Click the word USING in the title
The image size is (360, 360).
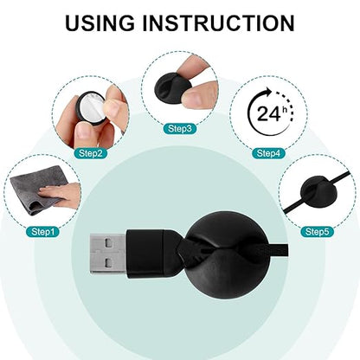pyautogui.click(x=100, y=23)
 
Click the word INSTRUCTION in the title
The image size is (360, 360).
pyautogui.click(x=218, y=23)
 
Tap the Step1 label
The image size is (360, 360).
pyautogui.click(x=42, y=232)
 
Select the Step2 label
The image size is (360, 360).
pyautogui.click(x=91, y=153)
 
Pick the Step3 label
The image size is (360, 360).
pyautogui.click(x=180, y=129)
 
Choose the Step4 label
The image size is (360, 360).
pyautogui.click(x=268, y=153)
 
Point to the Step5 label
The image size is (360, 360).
pyautogui.click(x=317, y=232)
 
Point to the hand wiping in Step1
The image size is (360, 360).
pyautogui.click(x=61, y=194)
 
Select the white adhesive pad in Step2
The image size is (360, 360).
pyautogui.click(x=92, y=106)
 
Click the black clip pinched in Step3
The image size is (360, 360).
pyautogui.click(x=172, y=87)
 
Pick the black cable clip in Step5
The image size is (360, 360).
pyautogui.click(x=317, y=192)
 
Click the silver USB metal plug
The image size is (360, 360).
pyautogui.click(x=108, y=254)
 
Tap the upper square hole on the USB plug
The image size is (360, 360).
pyautogui.click(x=108, y=244)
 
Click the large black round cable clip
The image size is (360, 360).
pyautogui.click(x=224, y=254)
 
